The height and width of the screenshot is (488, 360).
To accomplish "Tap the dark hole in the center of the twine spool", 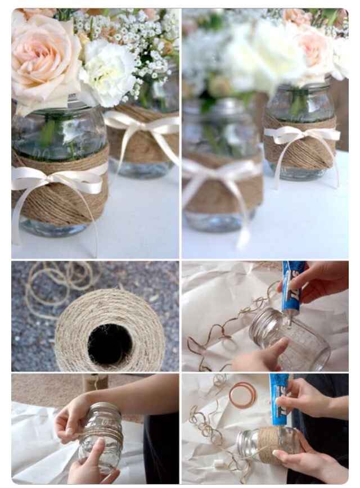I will coord(110,344).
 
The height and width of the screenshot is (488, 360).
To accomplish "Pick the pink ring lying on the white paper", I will coord(242,394).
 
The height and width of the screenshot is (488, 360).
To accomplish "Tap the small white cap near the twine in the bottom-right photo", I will coord(218,463).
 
